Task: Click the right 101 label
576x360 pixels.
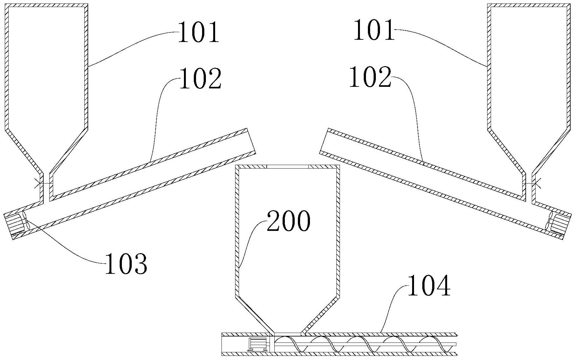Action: click(x=374, y=30)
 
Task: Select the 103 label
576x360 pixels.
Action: click(x=126, y=264)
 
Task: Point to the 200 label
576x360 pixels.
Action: click(x=288, y=221)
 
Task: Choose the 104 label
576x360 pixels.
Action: click(x=429, y=287)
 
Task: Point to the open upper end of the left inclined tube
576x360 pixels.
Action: click(x=251, y=140)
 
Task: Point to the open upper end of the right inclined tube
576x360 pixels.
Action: click(x=324, y=141)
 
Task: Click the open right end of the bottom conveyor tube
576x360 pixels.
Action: click(x=456, y=344)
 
